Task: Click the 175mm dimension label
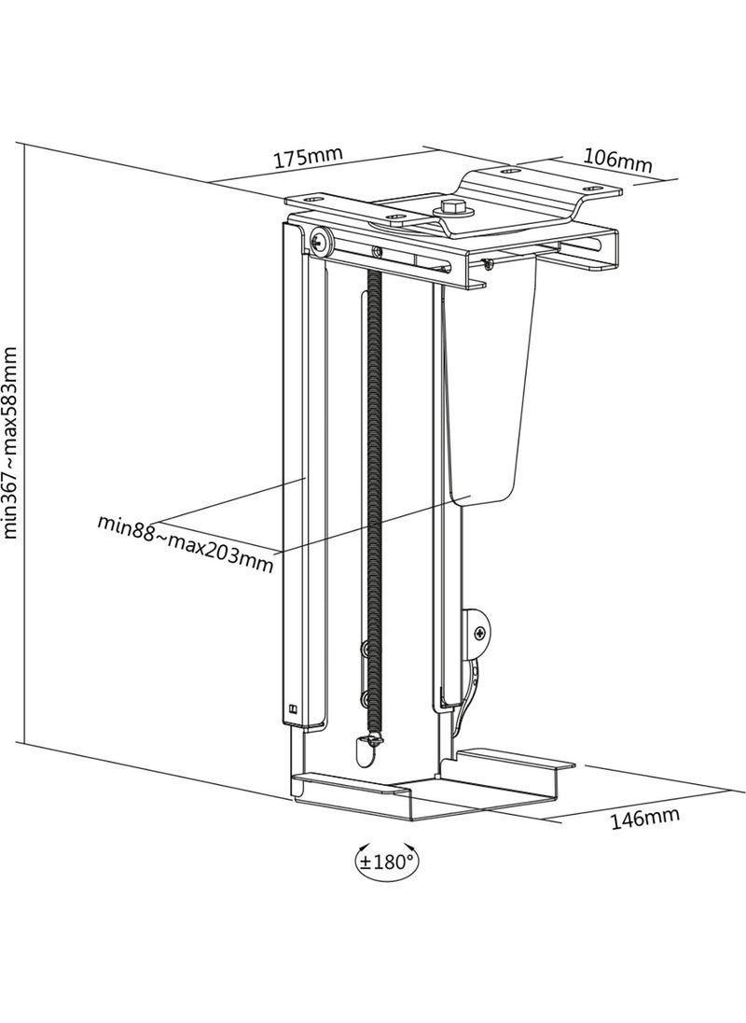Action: (x=307, y=157)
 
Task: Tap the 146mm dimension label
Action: (x=644, y=819)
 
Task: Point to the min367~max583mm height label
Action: (x=11, y=442)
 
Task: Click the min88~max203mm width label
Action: (x=186, y=543)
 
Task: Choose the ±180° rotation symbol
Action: (x=387, y=862)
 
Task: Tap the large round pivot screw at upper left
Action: (x=322, y=240)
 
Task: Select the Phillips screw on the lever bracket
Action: (x=481, y=633)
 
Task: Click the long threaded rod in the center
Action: (x=373, y=501)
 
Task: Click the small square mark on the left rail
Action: (x=292, y=708)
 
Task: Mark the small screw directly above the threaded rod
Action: (x=376, y=249)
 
